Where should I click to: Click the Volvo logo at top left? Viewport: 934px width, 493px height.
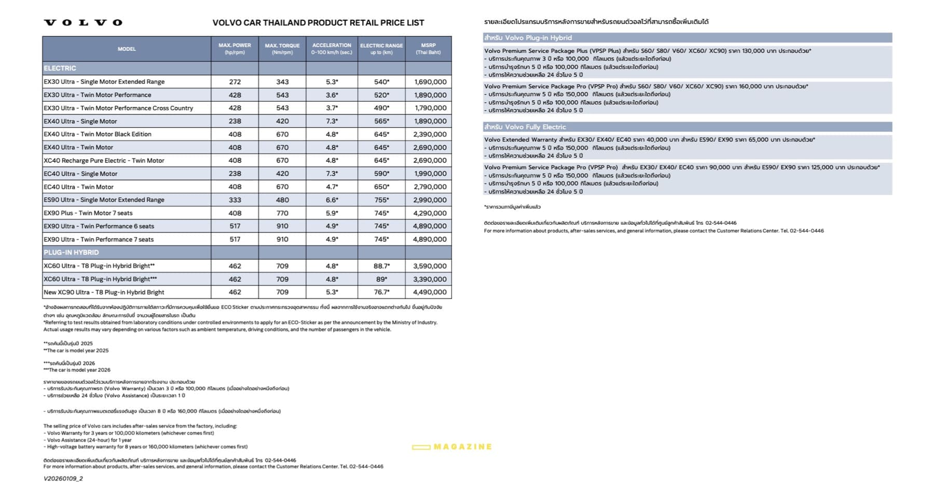83,22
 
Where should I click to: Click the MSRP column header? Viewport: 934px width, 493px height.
428,49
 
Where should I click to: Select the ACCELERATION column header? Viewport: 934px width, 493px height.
332,49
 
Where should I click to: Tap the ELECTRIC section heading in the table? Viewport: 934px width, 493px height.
60,68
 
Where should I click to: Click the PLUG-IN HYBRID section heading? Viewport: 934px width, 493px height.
71,253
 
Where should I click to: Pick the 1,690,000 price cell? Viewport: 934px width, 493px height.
430,82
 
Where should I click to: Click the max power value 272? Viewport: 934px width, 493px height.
235,82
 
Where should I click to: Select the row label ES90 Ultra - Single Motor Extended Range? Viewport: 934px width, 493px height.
104,200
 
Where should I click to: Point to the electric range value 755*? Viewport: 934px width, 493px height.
381,200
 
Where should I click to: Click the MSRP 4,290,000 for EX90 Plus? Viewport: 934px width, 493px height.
430,213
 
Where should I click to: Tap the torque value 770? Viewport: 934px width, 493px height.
282,213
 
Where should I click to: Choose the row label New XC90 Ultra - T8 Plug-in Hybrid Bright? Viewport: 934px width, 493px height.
104,292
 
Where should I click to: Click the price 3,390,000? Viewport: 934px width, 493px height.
430,279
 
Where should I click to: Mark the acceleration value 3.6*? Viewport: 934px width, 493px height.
332,95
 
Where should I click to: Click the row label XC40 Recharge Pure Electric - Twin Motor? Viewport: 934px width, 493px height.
104,161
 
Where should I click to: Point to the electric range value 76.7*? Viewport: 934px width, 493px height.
381,292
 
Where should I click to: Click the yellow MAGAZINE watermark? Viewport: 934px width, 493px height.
452,447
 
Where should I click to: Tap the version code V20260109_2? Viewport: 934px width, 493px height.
63,478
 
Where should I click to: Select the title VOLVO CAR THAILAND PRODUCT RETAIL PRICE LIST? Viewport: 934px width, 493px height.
318,23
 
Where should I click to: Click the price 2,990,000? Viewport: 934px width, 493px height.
430,200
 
